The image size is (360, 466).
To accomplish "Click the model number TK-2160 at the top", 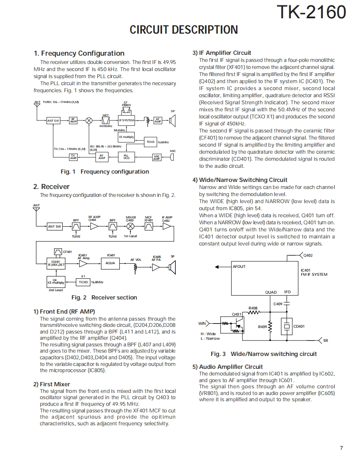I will tap(311, 12).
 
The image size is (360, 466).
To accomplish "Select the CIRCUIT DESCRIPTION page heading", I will tap(184, 30).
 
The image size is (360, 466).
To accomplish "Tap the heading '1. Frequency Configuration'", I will tap(79, 53).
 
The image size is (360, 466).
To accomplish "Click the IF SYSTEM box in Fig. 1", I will tap(126, 120).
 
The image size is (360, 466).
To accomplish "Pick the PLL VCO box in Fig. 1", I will tap(126, 157).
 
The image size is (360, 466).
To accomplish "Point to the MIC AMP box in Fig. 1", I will tap(157, 157).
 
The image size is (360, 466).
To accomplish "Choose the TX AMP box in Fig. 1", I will tap(73, 157).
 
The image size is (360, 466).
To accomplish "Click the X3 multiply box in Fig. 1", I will tap(126, 137).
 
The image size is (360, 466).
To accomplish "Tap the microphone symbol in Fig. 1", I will tap(172, 157).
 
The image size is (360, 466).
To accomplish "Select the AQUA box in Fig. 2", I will tap(110, 263).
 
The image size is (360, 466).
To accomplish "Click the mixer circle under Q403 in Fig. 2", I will tap(131, 226).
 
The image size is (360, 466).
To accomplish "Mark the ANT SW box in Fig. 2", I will tap(54, 226).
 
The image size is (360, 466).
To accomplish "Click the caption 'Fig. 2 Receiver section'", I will tap(104, 297).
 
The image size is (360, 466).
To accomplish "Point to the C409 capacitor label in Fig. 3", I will tap(278, 304).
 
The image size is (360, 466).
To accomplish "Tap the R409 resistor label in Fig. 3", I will tap(262, 327).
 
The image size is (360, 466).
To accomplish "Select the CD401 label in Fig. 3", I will tap(299, 326).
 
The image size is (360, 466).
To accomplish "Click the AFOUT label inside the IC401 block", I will tap(239, 267).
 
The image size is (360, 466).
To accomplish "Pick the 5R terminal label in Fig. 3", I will tap(326, 341).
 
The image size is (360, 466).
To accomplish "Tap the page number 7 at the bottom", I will tap(341, 448).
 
